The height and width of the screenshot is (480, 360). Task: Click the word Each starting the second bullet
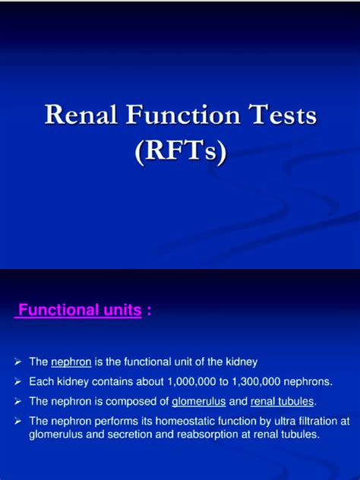click(x=39, y=382)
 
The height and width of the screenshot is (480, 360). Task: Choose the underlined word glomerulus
click(x=199, y=402)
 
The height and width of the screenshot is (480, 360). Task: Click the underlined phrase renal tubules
click(x=282, y=402)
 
